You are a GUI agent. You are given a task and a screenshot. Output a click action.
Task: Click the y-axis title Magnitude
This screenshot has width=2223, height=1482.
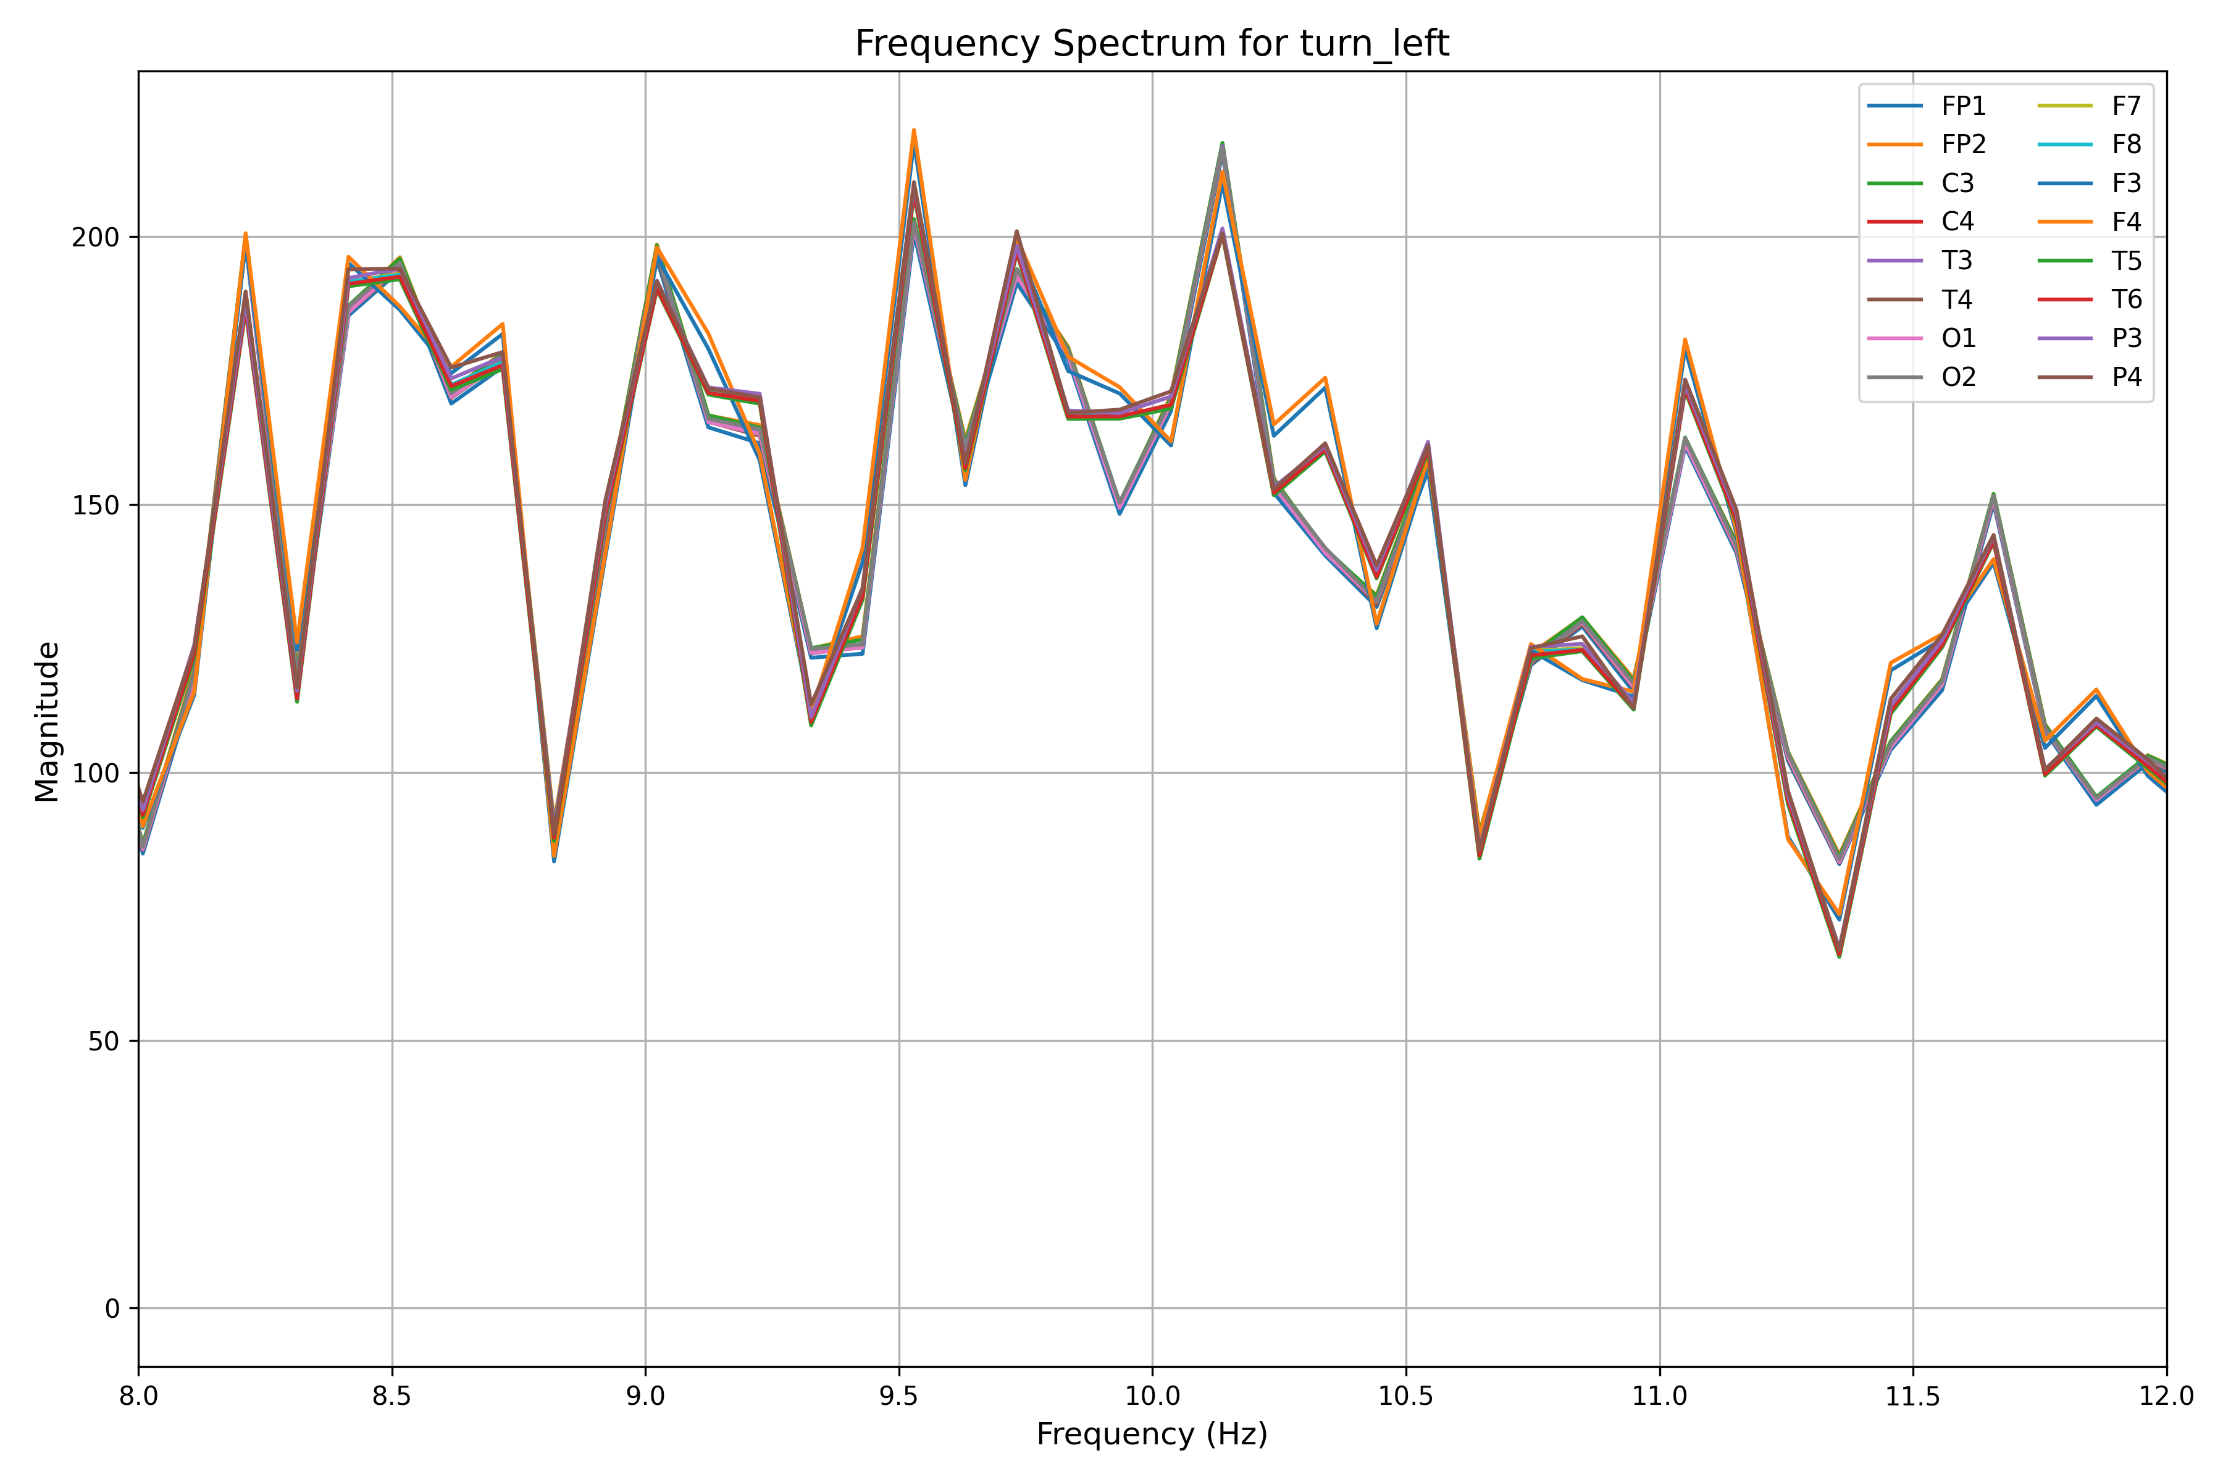pyautogui.click(x=48, y=722)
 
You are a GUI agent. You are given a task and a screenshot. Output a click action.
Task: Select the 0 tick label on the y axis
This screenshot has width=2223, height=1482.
pyautogui.click(x=114, y=1309)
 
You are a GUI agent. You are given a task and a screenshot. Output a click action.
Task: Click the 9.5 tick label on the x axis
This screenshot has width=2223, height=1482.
pyautogui.click(x=899, y=1397)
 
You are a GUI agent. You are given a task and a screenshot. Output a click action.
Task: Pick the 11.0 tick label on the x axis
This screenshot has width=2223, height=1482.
pyautogui.click(x=1660, y=1397)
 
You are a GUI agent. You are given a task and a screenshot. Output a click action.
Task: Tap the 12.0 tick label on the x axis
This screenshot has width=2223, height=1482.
pyautogui.click(x=2166, y=1397)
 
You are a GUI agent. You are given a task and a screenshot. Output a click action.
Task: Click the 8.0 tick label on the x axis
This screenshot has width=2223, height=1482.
pyautogui.click(x=139, y=1397)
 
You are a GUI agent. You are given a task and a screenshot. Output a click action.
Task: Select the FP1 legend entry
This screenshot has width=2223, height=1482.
pyautogui.click(x=1963, y=106)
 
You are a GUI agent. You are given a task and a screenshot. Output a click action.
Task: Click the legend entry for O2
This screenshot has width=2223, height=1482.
pyautogui.click(x=1958, y=377)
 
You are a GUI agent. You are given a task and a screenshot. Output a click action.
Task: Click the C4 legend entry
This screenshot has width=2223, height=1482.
pyautogui.click(x=1957, y=222)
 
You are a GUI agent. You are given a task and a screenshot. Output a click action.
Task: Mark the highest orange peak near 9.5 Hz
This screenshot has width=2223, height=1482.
pyautogui.click(x=914, y=130)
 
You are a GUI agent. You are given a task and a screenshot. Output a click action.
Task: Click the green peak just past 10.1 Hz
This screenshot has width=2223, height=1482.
pyautogui.click(x=1222, y=143)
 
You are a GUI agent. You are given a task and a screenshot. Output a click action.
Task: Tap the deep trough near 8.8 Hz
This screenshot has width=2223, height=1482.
pyautogui.click(x=554, y=861)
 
